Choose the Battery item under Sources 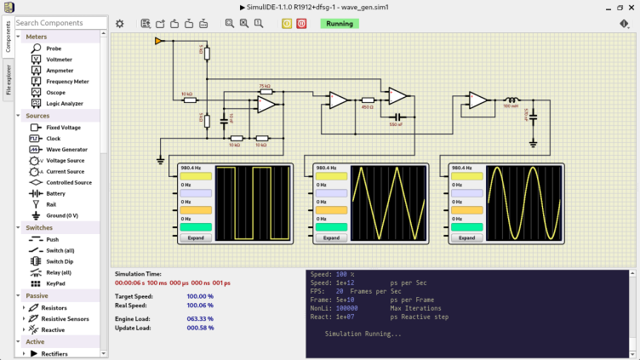[55, 193]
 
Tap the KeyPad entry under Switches [55, 283]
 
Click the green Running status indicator [339, 24]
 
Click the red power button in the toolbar [301, 24]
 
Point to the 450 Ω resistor [368, 100]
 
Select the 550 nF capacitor [396, 117]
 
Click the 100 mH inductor [511, 100]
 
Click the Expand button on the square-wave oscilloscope [196, 237]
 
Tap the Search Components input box [58, 23]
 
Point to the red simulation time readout [173, 283]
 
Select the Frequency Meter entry [67, 82]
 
